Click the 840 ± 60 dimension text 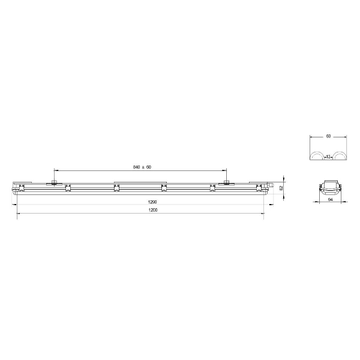pos(142,167)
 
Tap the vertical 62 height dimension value pos(281,188)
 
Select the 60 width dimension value pos(328,136)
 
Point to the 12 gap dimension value pos(328,157)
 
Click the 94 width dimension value pos(330,200)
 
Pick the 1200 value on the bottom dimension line pos(153,210)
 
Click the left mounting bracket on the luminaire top pos(54,183)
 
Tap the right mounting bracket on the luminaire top pos(226,183)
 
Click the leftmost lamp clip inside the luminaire pos(22,188)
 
